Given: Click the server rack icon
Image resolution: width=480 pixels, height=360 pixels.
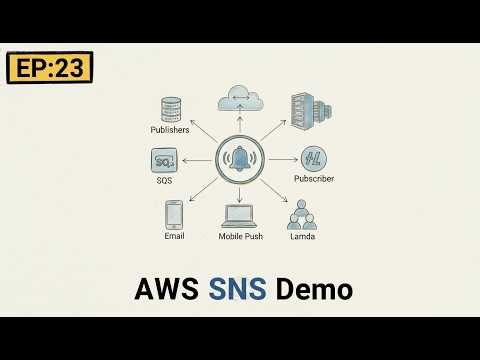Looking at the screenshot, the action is [x=306, y=109].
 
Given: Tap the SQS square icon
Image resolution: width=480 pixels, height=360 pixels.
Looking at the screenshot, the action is [x=166, y=159].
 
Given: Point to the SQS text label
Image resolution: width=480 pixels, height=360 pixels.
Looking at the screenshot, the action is [x=166, y=180].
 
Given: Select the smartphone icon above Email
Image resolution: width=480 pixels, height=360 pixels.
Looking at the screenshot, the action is [x=174, y=214].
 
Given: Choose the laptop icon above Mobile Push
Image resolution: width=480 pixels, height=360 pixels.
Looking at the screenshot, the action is [x=240, y=215].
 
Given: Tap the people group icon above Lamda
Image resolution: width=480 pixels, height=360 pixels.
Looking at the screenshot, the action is [x=301, y=215].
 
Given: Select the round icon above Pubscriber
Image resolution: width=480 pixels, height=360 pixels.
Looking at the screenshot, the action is [x=312, y=158].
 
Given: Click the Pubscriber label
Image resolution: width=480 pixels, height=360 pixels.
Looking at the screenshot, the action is [x=313, y=179].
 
